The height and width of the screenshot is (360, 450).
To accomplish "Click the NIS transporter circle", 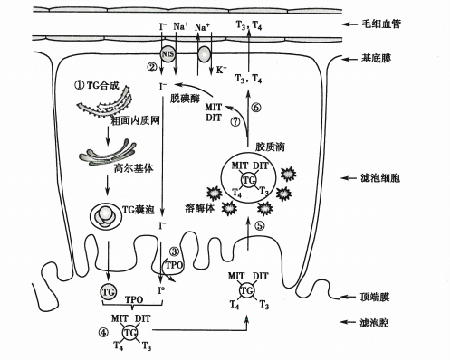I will coord(168,53).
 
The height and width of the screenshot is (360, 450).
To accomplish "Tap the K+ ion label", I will coord(220,69).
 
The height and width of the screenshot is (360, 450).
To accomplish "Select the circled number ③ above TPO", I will coord(176,251).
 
